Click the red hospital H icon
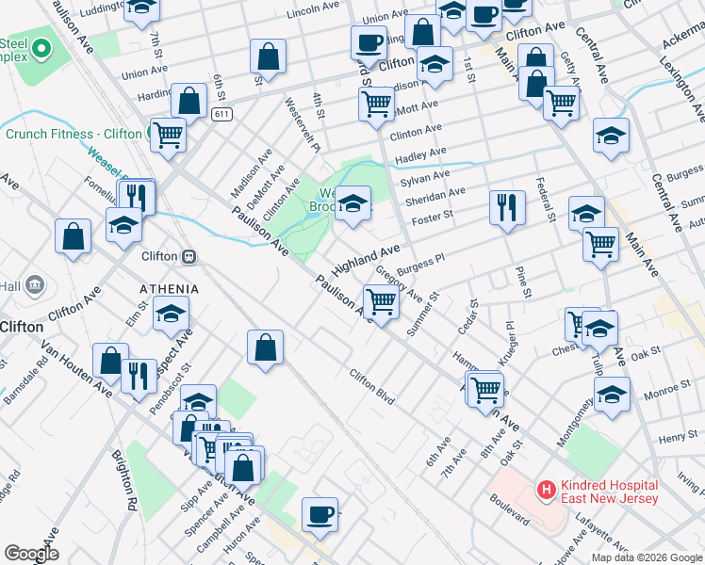pyautogui.click(x=545, y=490)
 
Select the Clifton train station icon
pyautogui.click(x=189, y=256)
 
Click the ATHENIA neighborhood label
pyautogui.click(x=169, y=288)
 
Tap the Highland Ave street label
pyautogui.click(x=366, y=255)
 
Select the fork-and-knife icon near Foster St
pyautogui.click(x=507, y=206)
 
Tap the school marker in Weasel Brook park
pyautogui.click(x=352, y=203)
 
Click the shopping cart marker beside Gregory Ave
pyautogui.click(x=381, y=302)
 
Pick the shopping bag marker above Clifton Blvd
pyautogui.click(x=266, y=347)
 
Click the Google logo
pyautogui.click(x=32, y=554)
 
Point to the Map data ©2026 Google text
pyautogui.click(x=648, y=557)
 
